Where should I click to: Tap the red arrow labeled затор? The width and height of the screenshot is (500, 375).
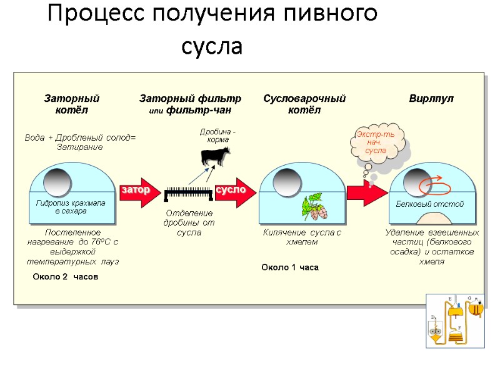click(x=137, y=190)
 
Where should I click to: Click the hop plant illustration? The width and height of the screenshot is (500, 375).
click(x=317, y=207)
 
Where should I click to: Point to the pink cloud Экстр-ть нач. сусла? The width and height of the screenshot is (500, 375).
click(x=377, y=143)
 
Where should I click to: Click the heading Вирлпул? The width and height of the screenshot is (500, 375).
click(x=431, y=99)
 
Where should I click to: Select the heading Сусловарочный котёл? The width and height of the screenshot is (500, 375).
click(x=304, y=104)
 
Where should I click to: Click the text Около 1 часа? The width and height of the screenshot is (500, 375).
click(x=290, y=267)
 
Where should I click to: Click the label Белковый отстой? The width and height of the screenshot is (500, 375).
click(x=430, y=204)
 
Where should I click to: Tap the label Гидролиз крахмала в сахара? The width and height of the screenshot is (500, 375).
click(x=71, y=207)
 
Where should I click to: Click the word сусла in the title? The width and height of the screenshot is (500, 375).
click(x=212, y=47)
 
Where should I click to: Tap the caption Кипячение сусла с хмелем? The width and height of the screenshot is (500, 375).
click(x=302, y=237)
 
